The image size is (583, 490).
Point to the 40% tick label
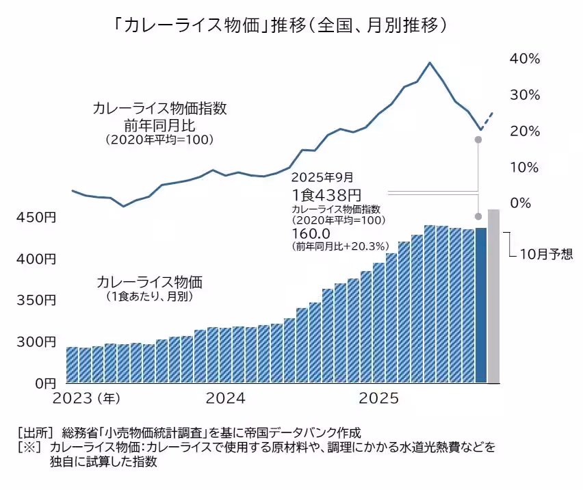[x=525, y=59]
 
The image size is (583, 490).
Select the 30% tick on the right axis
[x=525, y=95]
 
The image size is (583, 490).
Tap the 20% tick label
[x=525, y=131]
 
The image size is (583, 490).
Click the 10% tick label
[x=525, y=168]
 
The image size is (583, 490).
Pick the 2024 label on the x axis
[x=225, y=398]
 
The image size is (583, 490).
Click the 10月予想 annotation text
[x=545, y=254]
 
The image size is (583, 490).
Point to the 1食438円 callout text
[x=326, y=196]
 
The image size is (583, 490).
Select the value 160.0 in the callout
[x=309, y=233]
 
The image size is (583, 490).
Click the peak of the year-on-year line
[x=429, y=63]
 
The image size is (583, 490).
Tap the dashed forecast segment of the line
[x=487, y=120]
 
